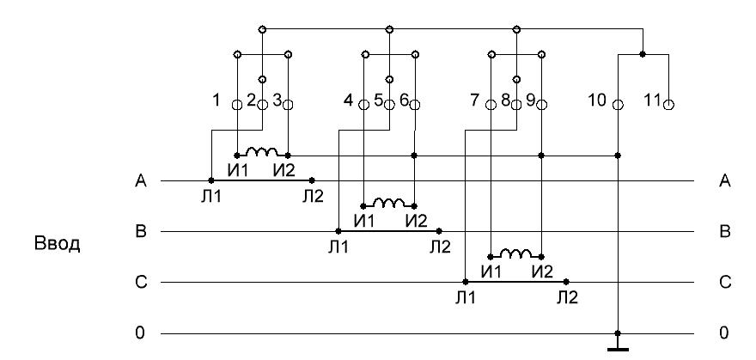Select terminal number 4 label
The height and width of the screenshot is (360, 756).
pos(348,101)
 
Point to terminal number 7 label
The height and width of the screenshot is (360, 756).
pos(474,101)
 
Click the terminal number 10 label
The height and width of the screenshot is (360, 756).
pos(597,101)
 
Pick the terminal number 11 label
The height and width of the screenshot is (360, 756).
pos(651,101)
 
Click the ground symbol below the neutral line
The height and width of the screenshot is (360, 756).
pos(618,348)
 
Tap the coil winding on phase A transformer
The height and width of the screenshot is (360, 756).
pos(262,151)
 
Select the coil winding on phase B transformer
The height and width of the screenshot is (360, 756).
pos(389,202)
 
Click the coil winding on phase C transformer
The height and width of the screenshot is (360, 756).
pos(516,253)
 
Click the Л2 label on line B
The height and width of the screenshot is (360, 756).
pos(439,247)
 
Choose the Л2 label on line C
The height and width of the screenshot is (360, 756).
pos(566,297)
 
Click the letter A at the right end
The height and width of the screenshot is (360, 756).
pos(724,181)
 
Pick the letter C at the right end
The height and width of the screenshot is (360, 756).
pos(724,283)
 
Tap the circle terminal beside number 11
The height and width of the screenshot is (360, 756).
pos(668,105)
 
